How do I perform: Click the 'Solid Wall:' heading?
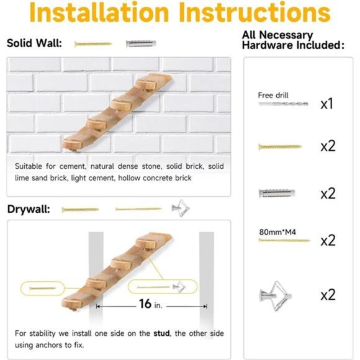[x=34, y=43]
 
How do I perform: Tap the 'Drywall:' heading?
[x=29, y=209]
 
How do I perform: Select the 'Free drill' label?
[x=273, y=95]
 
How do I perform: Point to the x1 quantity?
[x=327, y=104]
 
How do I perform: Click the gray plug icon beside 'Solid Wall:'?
[x=141, y=44]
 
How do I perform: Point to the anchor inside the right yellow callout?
[x=179, y=286]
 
